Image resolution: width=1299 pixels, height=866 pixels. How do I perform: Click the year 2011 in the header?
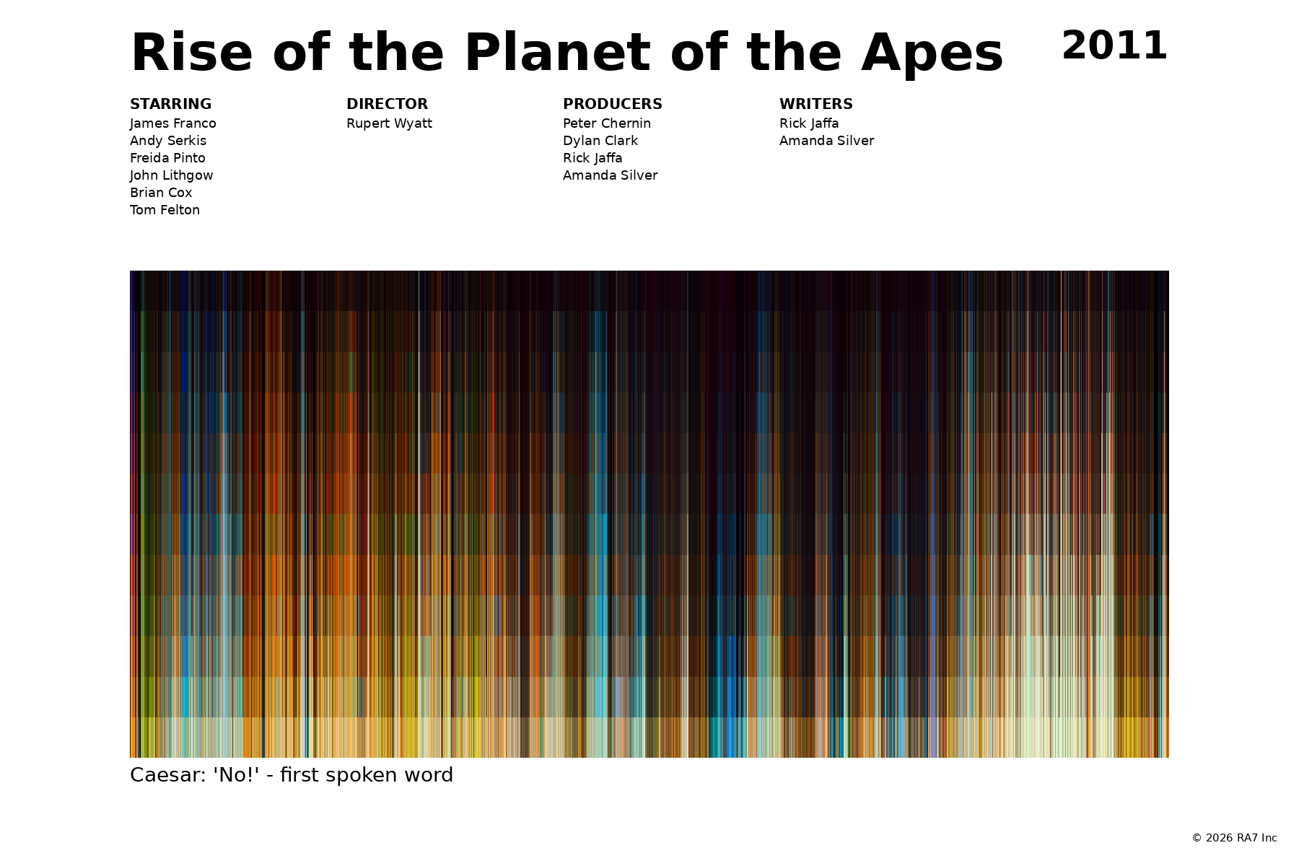[1114, 46]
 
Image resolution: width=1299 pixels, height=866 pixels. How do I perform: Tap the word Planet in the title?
[557, 53]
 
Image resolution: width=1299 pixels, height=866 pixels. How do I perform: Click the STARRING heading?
[170, 104]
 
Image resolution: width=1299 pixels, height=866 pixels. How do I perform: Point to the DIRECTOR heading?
[387, 104]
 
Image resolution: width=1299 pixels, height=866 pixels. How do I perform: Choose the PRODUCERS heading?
[613, 104]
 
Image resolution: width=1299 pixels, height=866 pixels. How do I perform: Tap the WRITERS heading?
[816, 104]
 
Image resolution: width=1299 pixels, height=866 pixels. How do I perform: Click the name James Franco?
[173, 123]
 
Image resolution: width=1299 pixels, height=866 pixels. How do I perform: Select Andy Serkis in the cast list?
[168, 141]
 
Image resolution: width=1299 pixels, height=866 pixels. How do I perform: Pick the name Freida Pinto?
[167, 158]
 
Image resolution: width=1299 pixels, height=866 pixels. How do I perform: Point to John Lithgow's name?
[172, 175]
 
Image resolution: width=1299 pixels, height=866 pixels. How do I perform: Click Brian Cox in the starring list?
[161, 193]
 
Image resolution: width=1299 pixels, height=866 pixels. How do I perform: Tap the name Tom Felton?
[165, 210]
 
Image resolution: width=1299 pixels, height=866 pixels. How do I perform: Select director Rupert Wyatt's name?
[389, 123]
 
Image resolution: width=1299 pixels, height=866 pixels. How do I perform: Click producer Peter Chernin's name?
[607, 123]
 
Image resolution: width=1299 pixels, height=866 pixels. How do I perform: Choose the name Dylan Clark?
[600, 141]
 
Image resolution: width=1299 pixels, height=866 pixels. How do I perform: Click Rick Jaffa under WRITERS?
[809, 123]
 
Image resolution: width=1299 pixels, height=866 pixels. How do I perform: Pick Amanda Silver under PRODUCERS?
[610, 175]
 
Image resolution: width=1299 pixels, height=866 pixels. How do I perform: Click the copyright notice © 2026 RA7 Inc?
[1234, 838]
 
